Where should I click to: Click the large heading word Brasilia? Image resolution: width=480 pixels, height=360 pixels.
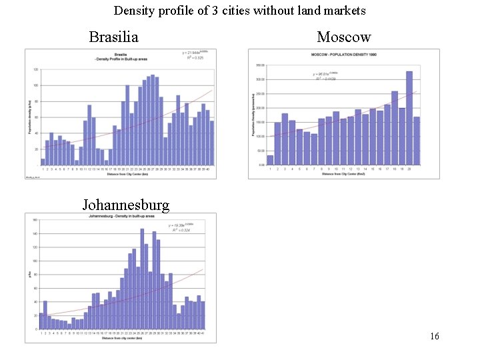[113, 37]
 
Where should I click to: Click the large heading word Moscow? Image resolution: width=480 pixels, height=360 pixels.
[343, 37]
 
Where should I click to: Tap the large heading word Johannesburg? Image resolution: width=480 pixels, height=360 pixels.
[126, 204]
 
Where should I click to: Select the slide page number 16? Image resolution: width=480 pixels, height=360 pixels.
[435, 336]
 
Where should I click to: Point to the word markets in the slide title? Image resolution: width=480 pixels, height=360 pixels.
[344, 11]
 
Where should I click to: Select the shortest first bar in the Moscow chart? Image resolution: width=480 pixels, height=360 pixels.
[270, 160]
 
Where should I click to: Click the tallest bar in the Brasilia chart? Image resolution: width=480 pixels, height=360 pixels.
[153, 120]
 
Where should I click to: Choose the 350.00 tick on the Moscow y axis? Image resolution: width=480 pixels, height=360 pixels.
[259, 65]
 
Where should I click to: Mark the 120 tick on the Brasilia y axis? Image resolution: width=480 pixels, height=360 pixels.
[35, 69]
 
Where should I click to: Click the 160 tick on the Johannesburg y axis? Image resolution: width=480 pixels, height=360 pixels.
[34, 219]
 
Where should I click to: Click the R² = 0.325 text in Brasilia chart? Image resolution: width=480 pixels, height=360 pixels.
[195, 58]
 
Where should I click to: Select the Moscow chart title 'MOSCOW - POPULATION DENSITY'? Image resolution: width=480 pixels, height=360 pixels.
[340, 54]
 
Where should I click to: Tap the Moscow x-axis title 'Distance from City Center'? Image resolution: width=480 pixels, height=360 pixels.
[342, 174]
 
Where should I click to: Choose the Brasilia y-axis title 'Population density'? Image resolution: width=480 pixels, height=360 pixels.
[30, 117]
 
